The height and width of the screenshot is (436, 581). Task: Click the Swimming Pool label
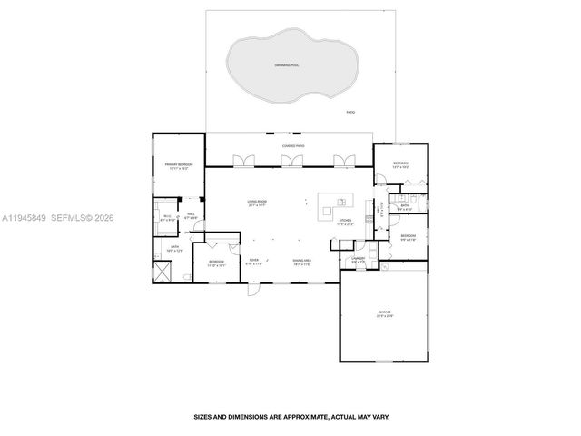click(x=289, y=66)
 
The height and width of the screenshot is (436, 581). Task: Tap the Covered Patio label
click(x=290, y=145)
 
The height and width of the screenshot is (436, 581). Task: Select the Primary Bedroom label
click(x=178, y=166)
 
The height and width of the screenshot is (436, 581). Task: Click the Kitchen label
click(x=345, y=222)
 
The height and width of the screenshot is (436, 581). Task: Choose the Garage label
click(x=385, y=313)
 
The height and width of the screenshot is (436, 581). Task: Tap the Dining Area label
click(x=302, y=262)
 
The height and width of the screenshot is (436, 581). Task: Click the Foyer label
click(x=254, y=262)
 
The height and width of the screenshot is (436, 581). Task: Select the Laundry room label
click(x=358, y=260)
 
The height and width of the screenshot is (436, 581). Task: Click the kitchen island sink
click(x=341, y=201)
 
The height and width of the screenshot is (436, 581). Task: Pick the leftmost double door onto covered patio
click(x=241, y=162)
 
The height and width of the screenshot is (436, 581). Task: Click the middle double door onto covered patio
click(x=291, y=162)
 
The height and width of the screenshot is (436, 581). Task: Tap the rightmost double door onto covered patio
click(x=342, y=162)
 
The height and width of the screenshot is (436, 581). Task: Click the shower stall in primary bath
click(x=163, y=270)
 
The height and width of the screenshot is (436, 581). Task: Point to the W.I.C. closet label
click(x=166, y=218)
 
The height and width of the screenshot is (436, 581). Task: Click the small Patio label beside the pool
click(x=350, y=112)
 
